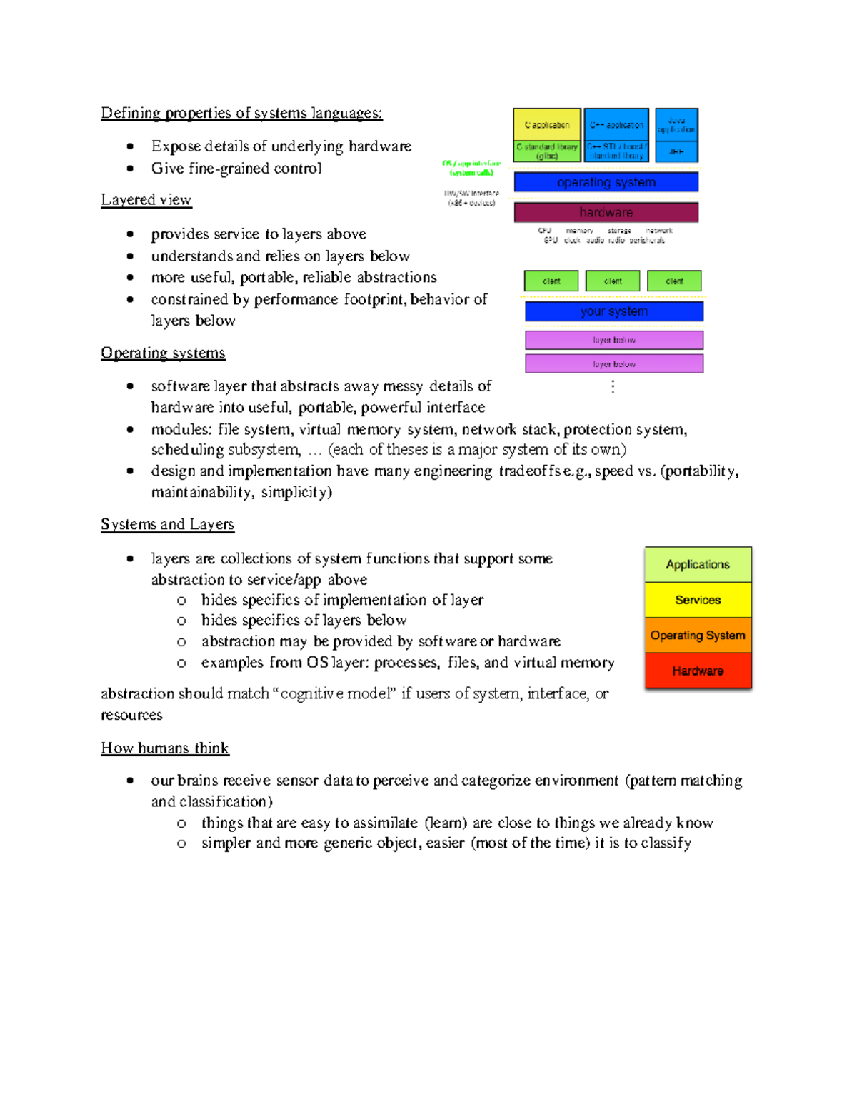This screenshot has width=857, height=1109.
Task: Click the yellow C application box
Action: point(546,124)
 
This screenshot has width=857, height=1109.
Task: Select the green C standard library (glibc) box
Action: point(546,151)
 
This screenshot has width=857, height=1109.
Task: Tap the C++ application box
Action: point(616,124)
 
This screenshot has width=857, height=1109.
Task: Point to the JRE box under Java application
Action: point(676,152)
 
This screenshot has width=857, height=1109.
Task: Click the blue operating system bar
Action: point(606,183)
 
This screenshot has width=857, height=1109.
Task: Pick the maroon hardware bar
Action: point(606,212)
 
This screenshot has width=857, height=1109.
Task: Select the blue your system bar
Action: point(613,311)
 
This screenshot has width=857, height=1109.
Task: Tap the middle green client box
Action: point(613,281)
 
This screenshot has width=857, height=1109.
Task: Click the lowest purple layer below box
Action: point(613,363)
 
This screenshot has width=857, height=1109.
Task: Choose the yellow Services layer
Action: point(698,600)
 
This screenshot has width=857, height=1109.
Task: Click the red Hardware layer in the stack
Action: point(698,671)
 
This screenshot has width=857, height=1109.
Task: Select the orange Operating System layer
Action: point(698,635)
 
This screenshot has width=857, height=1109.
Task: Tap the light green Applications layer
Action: point(698,564)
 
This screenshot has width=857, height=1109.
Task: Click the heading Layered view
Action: point(146,200)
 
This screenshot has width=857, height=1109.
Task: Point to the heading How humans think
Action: point(164,748)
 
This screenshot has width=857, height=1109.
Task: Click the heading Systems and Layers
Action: point(167,524)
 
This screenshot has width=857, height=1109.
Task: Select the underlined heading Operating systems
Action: point(163,353)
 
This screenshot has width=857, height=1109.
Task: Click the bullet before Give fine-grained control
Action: point(130,169)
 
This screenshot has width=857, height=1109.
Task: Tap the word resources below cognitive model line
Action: point(131,715)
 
